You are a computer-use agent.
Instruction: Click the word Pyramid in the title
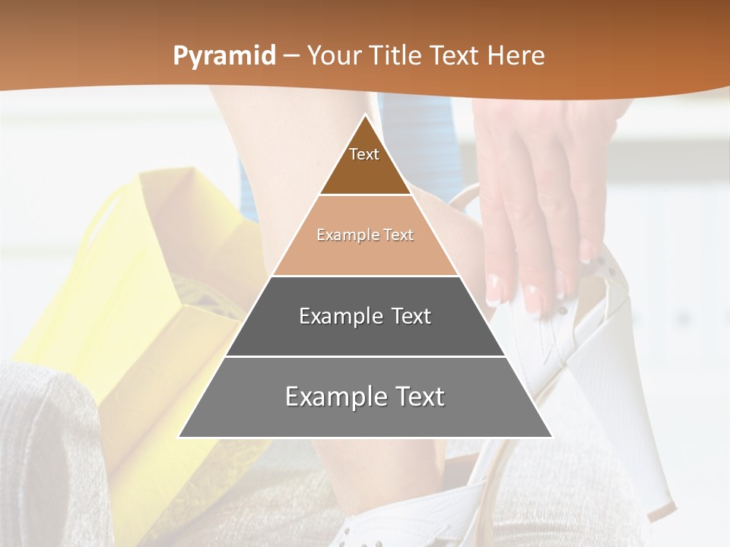[224, 56]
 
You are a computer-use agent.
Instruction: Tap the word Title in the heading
[398, 56]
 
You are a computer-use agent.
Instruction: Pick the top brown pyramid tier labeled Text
[365, 163]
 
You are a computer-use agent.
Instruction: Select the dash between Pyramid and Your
[291, 56]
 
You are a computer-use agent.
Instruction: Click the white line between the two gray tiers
[365, 356]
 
